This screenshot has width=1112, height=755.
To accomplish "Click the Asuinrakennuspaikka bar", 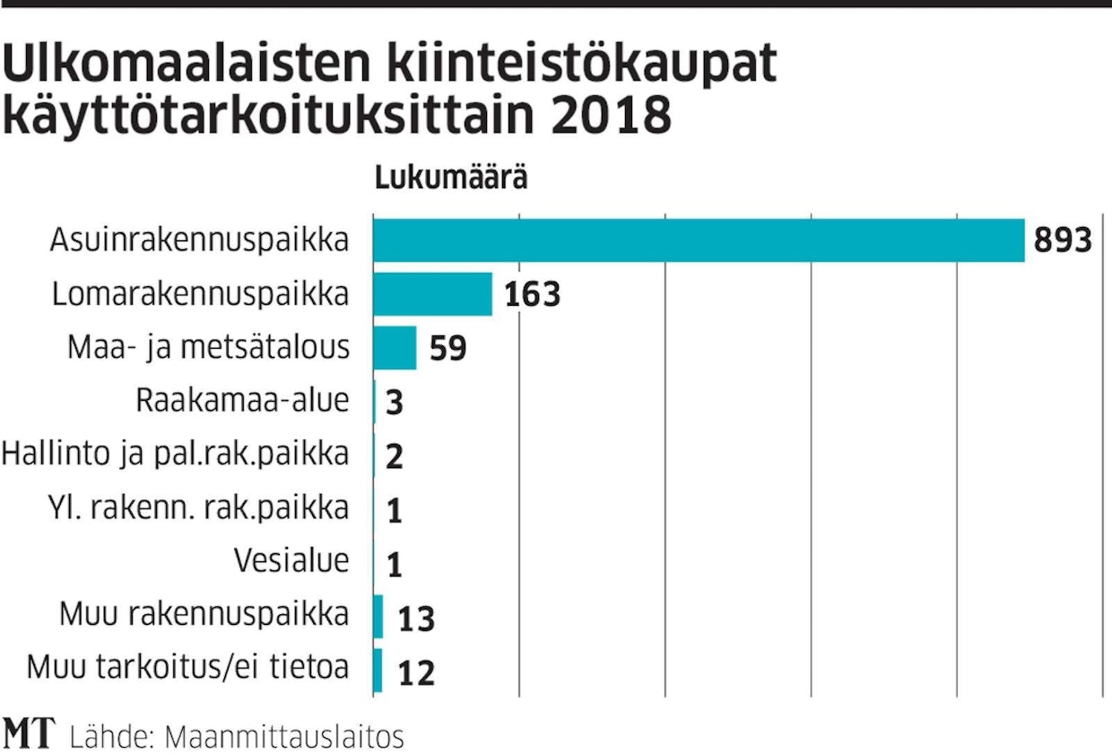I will click(698, 240).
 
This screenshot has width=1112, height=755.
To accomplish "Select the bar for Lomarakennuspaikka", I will click(432, 294).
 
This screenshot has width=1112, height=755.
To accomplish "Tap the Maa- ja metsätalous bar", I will click(395, 348).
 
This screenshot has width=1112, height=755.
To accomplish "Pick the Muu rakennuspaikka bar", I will click(378, 617).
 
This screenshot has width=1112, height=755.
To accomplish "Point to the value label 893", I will click(1063, 241).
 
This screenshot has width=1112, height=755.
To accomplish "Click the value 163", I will click(532, 295).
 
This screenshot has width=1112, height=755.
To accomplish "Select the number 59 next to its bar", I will click(448, 349).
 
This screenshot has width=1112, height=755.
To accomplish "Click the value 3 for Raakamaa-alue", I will click(395, 403).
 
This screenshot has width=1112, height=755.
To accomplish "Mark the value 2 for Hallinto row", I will click(395, 456).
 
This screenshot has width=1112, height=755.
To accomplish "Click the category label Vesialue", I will click(291, 561).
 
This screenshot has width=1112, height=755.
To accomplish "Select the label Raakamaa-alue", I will click(242, 401).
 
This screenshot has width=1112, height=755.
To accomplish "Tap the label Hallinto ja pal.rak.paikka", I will click(175, 455).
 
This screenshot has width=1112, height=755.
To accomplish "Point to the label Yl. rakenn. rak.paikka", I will click(198, 508).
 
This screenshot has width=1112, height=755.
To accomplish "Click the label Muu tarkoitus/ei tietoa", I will click(187, 669).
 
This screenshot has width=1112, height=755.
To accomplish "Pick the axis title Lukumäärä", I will click(450, 178).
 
